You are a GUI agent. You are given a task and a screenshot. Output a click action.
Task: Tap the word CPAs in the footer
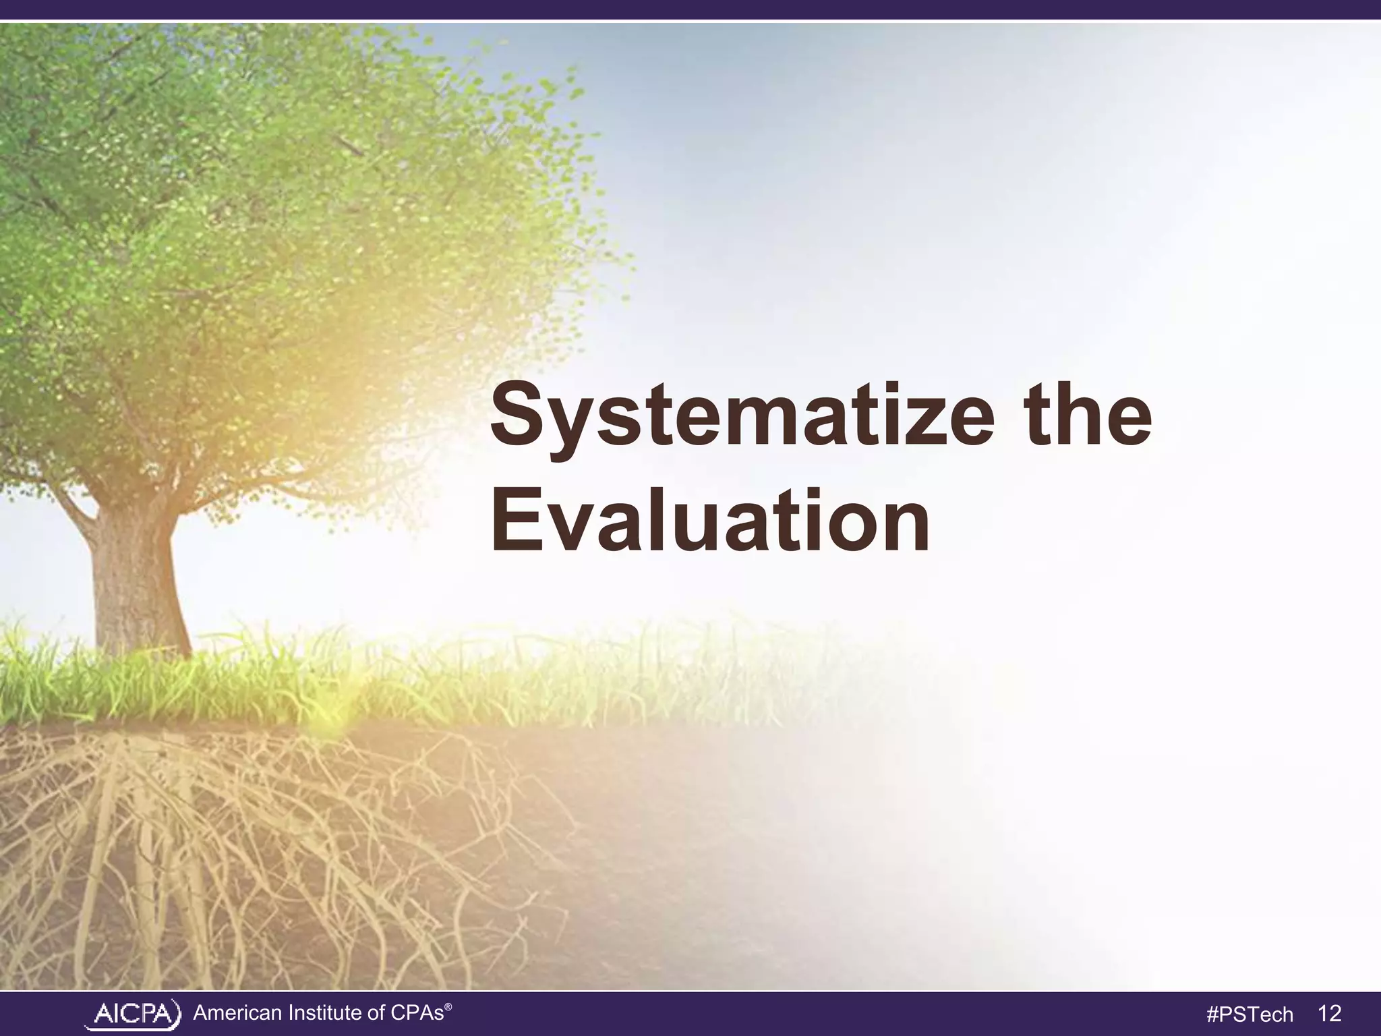pyautogui.click(x=419, y=1012)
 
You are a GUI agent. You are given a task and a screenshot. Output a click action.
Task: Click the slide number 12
pyautogui.click(x=1328, y=1013)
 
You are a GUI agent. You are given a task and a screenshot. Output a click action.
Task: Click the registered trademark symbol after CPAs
pyautogui.click(x=448, y=1005)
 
